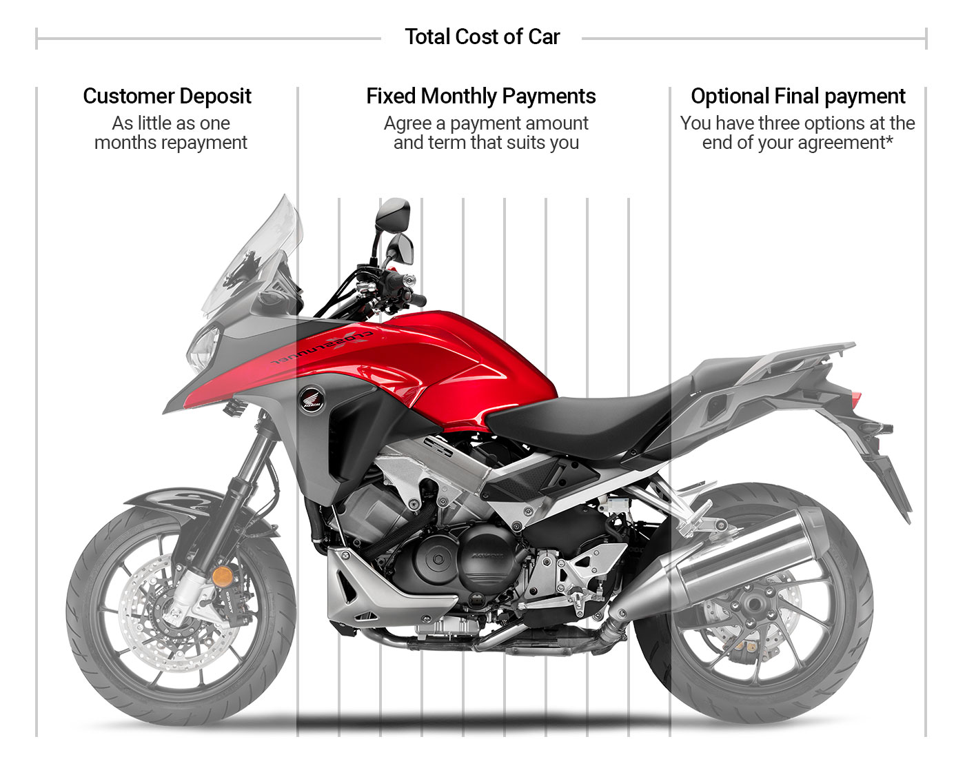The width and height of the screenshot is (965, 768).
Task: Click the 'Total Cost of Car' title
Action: (482, 37)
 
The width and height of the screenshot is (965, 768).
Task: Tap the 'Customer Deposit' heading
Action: (167, 96)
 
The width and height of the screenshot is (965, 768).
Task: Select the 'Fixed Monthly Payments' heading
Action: (480, 96)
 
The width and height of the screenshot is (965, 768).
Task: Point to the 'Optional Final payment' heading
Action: (798, 96)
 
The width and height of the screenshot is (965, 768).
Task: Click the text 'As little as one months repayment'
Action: (170, 133)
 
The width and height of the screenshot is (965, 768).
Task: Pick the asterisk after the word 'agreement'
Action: (889, 141)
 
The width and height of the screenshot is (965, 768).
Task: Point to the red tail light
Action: (856, 400)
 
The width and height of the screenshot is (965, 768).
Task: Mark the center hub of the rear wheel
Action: (753, 607)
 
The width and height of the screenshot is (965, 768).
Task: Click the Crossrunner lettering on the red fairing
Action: (321, 348)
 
